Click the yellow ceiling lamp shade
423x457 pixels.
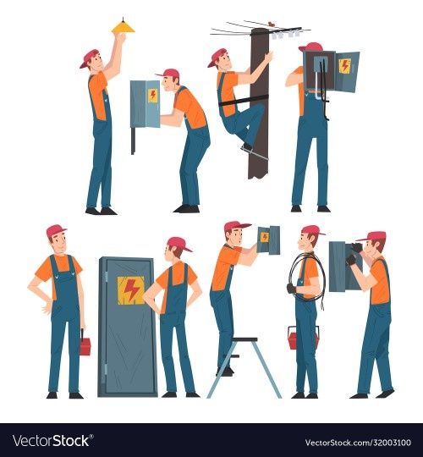pyautogui.click(x=124, y=28)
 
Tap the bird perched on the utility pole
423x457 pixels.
pyautogui.click(x=272, y=25)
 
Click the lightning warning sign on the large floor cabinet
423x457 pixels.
pyautogui.click(x=131, y=290)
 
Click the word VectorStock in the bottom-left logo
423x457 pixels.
pyautogui.click(x=52, y=441)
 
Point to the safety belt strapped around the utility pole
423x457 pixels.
pyautogui.click(x=244, y=101)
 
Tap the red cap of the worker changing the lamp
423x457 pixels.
pyautogui.click(x=89, y=58)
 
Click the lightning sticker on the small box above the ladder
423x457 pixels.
pyautogui.click(x=265, y=237)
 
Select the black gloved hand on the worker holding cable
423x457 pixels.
pyautogui.click(x=291, y=289)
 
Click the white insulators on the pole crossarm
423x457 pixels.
pyautogui.click(x=287, y=35)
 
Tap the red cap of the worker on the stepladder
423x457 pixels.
pyautogui.click(x=236, y=225)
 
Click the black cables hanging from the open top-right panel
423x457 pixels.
pyautogui.click(x=324, y=87)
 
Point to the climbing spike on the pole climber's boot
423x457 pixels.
pyautogui.click(x=255, y=152)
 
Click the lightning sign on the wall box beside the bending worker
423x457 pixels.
pyautogui.click(x=152, y=96)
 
